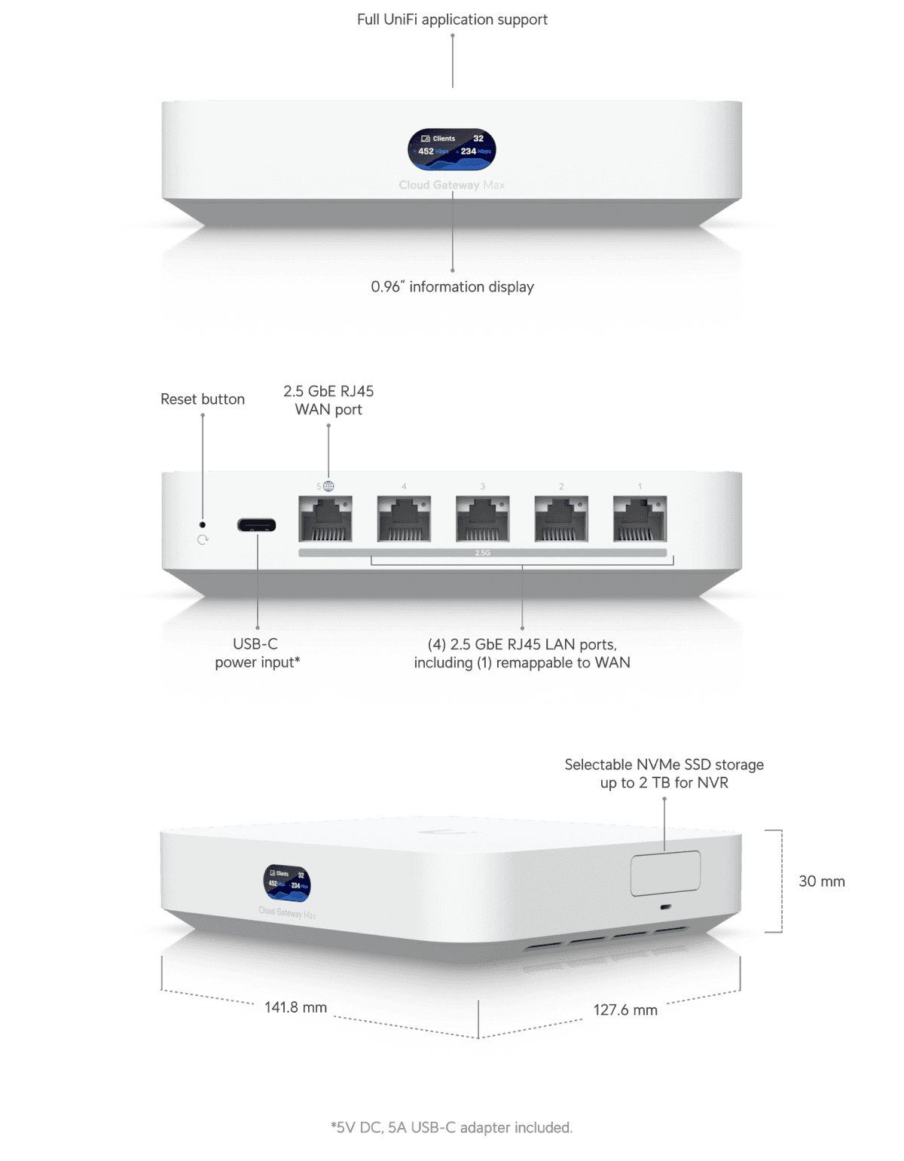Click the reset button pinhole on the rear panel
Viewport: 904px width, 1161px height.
coord(202,524)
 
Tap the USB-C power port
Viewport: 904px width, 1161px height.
coord(256,525)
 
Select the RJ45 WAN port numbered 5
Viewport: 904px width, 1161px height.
coord(325,518)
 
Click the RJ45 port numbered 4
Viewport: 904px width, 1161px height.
coord(404,518)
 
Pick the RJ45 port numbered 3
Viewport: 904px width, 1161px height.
coord(483,518)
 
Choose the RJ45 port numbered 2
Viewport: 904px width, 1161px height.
coord(561,518)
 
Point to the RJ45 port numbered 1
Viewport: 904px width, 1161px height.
coord(640,518)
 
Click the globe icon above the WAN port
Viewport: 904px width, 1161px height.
coord(328,487)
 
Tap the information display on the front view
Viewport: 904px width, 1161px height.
coord(452,148)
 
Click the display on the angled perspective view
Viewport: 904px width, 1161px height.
coord(287,882)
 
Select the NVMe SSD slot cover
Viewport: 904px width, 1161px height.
coord(665,873)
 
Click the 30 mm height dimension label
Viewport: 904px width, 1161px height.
coord(821,881)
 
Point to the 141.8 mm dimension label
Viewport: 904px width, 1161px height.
coord(295,1007)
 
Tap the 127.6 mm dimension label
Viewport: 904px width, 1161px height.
coord(625,1010)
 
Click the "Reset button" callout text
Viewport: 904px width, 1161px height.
coord(203,399)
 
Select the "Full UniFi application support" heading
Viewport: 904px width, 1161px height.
coord(452,20)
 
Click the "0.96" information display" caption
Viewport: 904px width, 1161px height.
coord(452,287)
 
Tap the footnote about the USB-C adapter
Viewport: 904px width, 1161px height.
coord(452,1128)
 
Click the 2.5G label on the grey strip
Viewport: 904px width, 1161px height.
coord(483,553)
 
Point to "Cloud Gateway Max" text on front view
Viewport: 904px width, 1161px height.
coord(452,185)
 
